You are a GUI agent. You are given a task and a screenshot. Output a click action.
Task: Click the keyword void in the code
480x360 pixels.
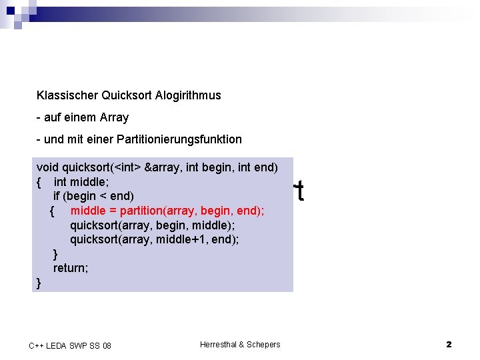47,167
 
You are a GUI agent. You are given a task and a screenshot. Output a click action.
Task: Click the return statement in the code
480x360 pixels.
71,268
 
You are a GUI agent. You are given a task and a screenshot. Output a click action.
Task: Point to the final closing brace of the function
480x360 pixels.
39,283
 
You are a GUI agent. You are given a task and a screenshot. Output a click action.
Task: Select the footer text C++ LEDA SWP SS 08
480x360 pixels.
70,345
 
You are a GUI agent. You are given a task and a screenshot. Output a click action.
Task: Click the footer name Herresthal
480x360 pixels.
219,344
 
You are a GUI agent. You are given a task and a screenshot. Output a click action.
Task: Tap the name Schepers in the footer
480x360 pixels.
263,344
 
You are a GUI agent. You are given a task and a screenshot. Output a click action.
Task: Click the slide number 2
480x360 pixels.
449,344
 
